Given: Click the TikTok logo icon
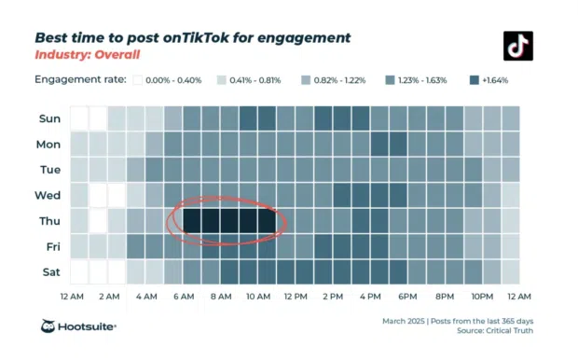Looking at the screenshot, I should pos(517,46).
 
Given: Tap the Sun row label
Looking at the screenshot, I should pos(49,118).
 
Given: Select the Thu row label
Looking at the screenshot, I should pos(49,221).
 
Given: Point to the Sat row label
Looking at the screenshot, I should pos(49,272).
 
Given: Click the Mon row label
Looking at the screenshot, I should pos(49,145).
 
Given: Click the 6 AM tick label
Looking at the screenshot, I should pos(183,297).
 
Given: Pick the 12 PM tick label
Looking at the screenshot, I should pos(296,297).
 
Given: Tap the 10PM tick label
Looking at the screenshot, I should pos(482,297).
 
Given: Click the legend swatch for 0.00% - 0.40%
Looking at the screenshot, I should pos(137,80).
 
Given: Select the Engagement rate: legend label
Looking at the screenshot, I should pos(80,80).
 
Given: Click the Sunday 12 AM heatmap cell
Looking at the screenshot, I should pos(79,118).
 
